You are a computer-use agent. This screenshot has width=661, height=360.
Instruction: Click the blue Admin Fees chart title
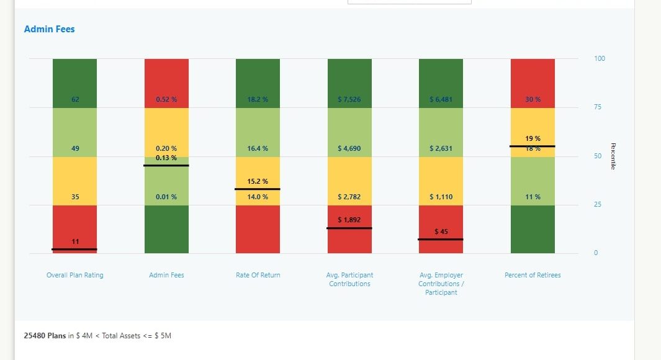pos(49,29)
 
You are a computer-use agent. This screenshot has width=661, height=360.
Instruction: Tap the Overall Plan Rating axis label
pos(75,275)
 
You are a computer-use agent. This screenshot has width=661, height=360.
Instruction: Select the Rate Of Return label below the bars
pos(258,275)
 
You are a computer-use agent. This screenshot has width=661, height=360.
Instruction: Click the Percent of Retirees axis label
pos(533,275)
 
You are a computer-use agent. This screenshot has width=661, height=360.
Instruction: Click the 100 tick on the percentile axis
pos(600,59)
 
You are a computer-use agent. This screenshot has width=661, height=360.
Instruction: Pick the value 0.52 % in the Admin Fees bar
pos(166,99)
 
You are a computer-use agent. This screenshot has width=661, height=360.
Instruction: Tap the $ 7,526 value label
pos(349,99)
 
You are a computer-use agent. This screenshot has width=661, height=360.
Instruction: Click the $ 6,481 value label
pos(441,99)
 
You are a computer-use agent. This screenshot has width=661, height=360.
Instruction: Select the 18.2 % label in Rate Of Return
pos(258,99)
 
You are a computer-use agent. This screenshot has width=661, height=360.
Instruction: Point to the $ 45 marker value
pos(441,232)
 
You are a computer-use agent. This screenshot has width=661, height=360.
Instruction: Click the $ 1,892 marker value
pos(349,220)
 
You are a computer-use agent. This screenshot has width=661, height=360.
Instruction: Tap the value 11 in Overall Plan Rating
pos(75,241)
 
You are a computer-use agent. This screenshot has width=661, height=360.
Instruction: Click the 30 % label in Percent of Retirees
pos(533,99)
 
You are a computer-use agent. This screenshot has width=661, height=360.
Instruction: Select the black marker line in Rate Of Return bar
pos(258,189)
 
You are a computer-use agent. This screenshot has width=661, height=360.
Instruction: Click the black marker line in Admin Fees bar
pos(166,166)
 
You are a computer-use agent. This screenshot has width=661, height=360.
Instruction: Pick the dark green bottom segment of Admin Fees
pos(166,229)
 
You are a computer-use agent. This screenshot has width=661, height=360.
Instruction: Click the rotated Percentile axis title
pos(613,156)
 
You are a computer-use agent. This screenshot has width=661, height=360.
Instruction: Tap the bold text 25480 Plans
pos(45,336)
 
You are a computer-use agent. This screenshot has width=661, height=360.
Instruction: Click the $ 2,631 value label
pos(441,148)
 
